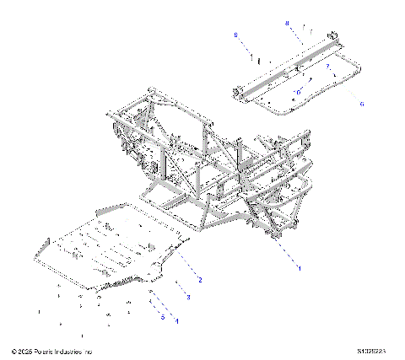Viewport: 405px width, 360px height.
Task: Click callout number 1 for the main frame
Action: coord(298,266)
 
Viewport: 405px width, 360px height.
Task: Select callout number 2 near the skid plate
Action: coord(200,279)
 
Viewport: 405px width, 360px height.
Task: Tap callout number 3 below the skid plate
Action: coord(188,298)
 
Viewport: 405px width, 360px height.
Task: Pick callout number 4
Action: coord(176,320)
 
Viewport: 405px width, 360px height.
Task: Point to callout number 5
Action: coord(161,317)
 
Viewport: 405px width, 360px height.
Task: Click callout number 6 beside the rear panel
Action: coord(362,103)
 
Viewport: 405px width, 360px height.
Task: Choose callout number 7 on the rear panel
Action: coord(327,65)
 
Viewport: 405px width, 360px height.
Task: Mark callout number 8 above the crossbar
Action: coord(287,23)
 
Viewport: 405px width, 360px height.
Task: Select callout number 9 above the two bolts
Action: coord(235,35)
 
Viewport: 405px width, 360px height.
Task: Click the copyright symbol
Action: coord(13,350)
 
